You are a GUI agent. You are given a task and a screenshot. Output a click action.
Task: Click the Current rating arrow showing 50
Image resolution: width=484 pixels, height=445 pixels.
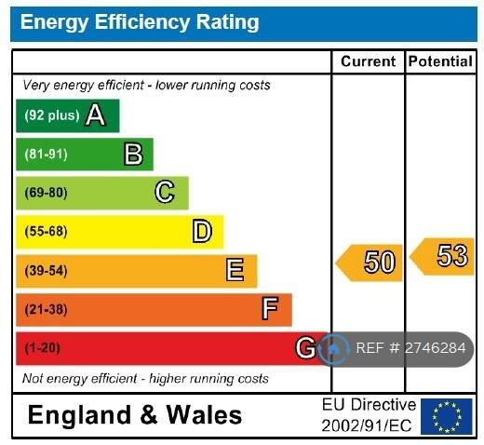[x=370, y=263]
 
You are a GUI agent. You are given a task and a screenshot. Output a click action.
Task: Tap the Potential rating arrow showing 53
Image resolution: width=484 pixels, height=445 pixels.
[x=442, y=257]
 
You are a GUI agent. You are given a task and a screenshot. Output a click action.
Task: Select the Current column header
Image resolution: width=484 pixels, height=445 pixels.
[x=369, y=61]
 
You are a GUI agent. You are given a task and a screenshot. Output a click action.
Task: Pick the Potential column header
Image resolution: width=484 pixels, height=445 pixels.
[x=440, y=61]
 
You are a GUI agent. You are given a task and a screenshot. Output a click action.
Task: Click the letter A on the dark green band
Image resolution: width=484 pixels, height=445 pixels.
[x=95, y=115]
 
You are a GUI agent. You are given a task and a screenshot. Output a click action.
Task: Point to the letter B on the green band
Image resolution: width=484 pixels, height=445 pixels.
[x=133, y=154]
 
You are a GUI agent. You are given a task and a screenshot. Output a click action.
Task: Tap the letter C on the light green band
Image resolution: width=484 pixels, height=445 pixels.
[x=165, y=192]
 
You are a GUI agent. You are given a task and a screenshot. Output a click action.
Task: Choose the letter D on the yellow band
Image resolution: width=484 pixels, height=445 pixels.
[x=202, y=231]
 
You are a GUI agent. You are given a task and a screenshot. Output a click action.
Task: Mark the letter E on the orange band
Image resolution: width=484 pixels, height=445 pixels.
[x=235, y=270]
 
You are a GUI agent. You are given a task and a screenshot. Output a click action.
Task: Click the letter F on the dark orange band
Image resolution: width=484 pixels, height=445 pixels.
[x=270, y=308]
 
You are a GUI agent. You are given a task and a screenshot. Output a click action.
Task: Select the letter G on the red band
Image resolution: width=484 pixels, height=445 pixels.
[x=305, y=347]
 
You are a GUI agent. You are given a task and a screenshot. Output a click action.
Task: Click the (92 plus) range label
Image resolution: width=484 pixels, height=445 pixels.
[x=52, y=115]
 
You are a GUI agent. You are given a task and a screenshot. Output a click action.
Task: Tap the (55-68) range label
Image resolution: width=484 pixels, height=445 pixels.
[x=46, y=232]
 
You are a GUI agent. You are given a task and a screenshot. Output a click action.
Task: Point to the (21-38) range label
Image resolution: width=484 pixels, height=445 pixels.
[x=46, y=309]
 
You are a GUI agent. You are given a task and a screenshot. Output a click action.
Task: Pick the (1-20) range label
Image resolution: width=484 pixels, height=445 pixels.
[x=42, y=348]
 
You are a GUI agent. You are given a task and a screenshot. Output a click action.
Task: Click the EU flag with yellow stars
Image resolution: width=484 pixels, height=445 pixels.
[x=447, y=416]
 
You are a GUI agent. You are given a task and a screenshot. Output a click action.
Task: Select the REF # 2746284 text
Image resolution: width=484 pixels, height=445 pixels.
[x=410, y=348]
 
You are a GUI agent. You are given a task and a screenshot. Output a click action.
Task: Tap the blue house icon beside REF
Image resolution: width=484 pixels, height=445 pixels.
[x=334, y=349]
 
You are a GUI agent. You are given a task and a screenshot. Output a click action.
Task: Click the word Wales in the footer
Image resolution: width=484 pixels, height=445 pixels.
[x=204, y=415]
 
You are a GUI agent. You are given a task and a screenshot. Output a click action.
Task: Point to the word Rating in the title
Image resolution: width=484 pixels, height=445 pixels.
[x=227, y=22]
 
